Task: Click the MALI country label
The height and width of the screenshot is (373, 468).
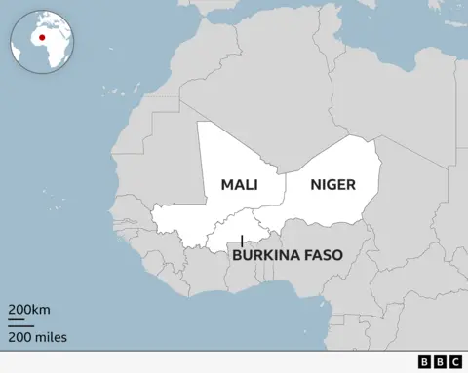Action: [239, 185]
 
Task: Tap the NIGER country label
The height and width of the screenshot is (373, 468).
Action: [332, 185]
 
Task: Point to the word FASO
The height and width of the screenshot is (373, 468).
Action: [325, 257]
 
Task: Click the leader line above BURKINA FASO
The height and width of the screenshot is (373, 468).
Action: [242, 241]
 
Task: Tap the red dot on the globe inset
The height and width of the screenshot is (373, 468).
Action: [42, 38]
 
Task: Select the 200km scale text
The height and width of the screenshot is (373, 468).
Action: [29, 310]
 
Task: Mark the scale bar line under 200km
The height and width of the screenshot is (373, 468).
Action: [22, 321]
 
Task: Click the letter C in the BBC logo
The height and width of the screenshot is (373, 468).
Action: [455, 362]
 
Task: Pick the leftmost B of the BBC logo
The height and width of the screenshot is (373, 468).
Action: [424, 362]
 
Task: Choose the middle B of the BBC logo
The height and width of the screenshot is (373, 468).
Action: [440, 362]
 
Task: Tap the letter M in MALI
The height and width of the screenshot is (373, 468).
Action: [226, 185]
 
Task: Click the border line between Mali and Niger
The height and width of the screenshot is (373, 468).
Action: [285, 190]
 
